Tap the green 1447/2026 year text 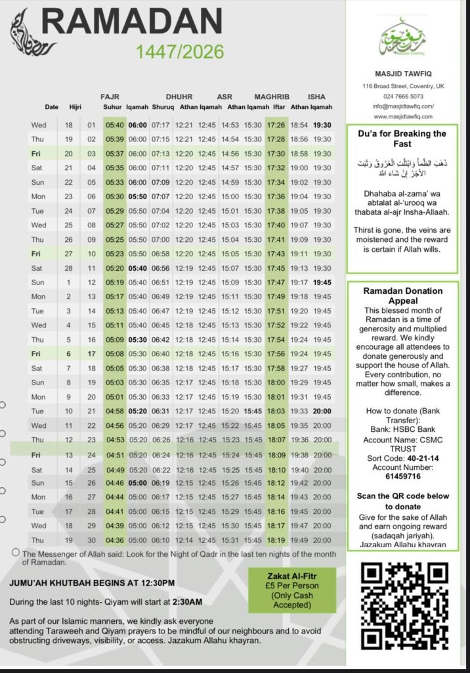[180, 52]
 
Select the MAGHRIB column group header [272, 97]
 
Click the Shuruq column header [162, 107]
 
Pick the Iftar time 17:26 [276, 125]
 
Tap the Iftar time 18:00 [276, 383]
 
